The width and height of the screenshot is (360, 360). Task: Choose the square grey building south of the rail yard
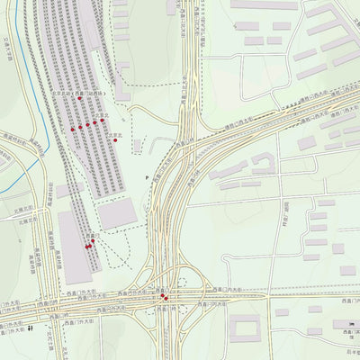(x=117, y=213)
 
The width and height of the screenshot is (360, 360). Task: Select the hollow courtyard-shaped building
(x=243, y=327)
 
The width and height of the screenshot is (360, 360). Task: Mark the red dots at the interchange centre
(x=162, y=295)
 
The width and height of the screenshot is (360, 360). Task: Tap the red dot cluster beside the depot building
(x=89, y=243)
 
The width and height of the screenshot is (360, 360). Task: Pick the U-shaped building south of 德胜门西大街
(x=263, y=163)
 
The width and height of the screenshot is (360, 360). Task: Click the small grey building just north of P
(x=137, y=146)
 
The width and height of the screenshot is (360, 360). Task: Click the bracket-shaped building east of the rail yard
(x=121, y=79)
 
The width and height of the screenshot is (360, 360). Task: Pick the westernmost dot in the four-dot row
(x=73, y=130)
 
